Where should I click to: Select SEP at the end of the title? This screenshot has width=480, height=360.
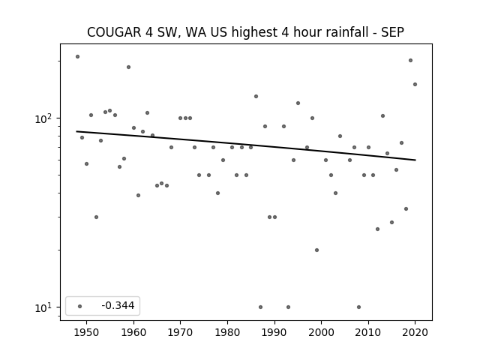click(392, 32)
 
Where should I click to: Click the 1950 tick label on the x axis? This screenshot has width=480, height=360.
click(87, 332)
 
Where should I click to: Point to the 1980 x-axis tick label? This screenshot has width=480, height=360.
click(227, 332)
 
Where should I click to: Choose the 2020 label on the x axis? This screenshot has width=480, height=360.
click(415, 332)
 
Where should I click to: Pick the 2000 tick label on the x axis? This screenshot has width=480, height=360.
click(322, 332)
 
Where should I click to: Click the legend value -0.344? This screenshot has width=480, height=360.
click(118, 305)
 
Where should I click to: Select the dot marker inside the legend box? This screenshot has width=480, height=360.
click(80, 306)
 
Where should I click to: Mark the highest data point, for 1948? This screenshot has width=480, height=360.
click(77, 57)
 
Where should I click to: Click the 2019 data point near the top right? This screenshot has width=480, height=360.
click(410, 60)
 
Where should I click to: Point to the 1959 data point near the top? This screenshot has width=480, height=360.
click(128, 67)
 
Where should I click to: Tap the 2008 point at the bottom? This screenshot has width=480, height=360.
click(358, 307)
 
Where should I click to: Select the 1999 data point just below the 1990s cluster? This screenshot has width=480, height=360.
click(316, 250)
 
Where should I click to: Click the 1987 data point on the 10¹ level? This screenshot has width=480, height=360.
click(260, 307)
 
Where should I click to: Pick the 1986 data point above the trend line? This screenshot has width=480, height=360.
click(256, 97)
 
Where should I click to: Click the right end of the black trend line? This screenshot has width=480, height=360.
click(415, 160)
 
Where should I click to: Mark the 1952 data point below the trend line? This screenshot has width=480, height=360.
click(96, 217)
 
